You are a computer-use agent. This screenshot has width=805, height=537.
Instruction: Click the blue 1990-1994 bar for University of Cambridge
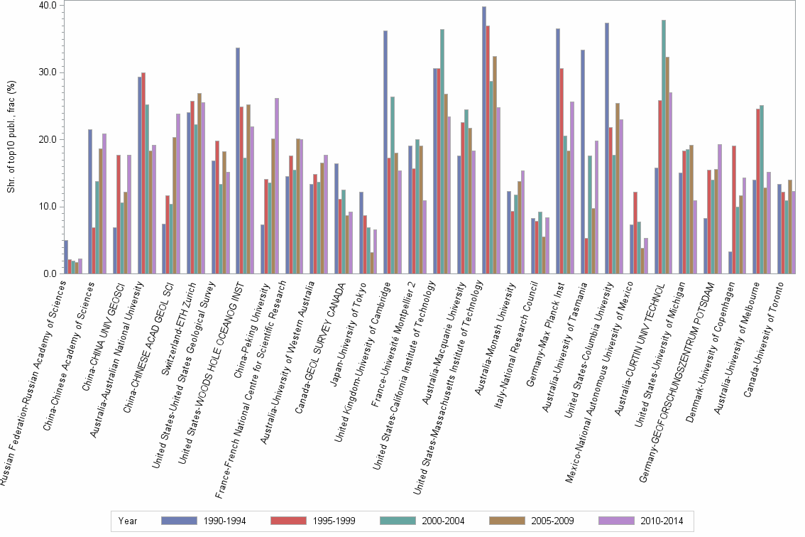(x=385, y=152)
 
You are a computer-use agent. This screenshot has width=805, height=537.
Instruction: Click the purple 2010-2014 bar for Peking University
(x=277, y=185)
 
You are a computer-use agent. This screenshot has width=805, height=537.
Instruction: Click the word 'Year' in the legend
(x=128, y=521)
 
